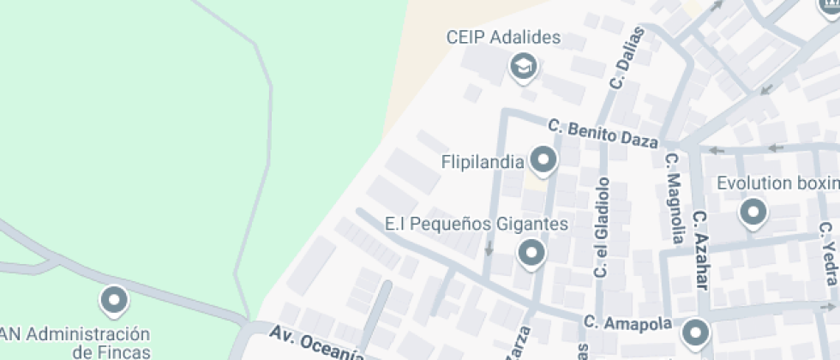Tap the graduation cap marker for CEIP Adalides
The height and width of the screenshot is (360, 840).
point(522,66)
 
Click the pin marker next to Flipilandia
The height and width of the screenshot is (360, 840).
point(543,159)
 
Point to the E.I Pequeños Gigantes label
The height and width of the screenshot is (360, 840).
point(477,225)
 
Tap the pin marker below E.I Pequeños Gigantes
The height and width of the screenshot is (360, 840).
point(531,253)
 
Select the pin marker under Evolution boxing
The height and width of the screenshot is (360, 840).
point(753,213)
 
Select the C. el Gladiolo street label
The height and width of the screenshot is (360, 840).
point(603,227)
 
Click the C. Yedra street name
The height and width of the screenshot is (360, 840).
point(827,254)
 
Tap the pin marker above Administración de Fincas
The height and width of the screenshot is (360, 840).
point(114,301)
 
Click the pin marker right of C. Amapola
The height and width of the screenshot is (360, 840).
point(695,332)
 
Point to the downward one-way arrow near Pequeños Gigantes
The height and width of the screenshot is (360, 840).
point(489,249)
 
